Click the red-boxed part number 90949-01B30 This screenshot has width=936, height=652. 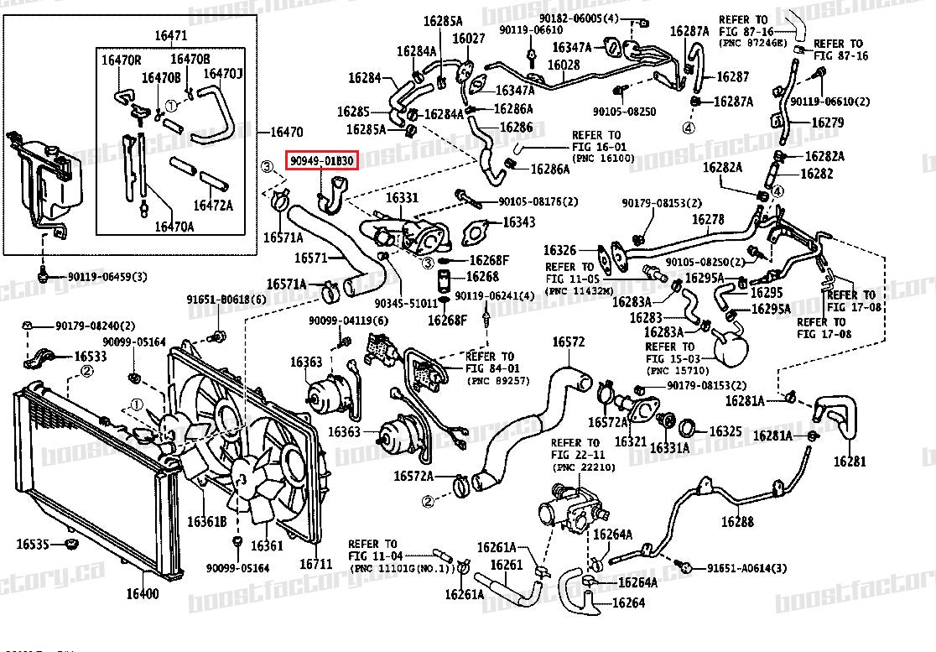323,160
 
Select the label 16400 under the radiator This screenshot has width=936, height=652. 143,595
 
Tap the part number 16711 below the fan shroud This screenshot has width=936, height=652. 311,563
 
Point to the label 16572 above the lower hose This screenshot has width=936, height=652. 568,342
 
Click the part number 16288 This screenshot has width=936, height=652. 737,521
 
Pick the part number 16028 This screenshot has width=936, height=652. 564,65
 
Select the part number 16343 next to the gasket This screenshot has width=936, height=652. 519,222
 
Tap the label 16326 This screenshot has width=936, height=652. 559,250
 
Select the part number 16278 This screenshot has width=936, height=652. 708,219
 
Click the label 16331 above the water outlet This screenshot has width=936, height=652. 402,198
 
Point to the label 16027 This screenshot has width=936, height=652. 469,39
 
